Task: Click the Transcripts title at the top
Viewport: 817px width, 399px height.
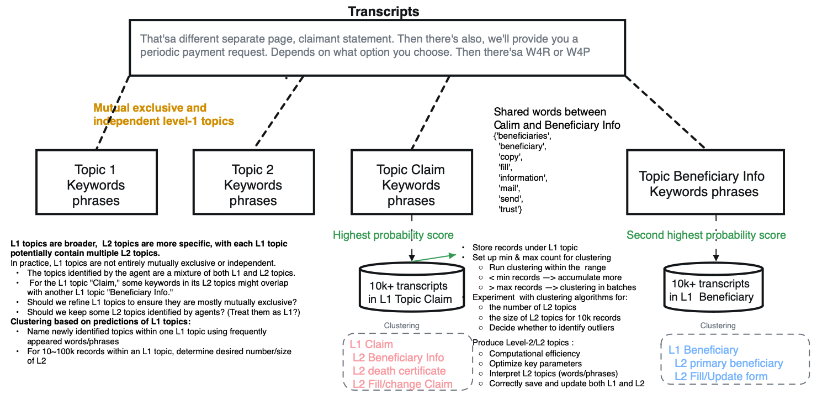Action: click(x=383, y=11)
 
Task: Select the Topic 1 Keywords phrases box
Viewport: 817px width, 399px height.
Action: click(x=96, y=185)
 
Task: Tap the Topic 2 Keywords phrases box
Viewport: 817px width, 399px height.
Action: click(x=253, y=185)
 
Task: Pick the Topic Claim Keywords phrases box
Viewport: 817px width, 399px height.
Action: click(x=411, y=185)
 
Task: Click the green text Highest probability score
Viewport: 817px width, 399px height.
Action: click(x=393, y=235)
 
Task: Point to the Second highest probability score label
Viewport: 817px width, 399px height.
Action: click(x=706, y=235)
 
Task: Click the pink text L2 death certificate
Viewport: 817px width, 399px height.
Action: click(x=399, y=371)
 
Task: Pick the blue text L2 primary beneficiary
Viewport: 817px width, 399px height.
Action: click(x=729, y=363)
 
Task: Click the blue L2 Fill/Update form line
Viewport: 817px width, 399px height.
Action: click(x=721, y=376)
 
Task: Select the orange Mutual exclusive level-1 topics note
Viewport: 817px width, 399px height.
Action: click(x=163, y=114)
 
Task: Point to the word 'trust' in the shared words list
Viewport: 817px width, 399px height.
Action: click(x=510, y=209)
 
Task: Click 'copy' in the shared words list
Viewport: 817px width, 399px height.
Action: click(x=510, y=157)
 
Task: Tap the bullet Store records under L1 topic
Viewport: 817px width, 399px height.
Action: click(x=524, y=247)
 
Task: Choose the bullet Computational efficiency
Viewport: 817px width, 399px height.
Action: click(x=534, y=353)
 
